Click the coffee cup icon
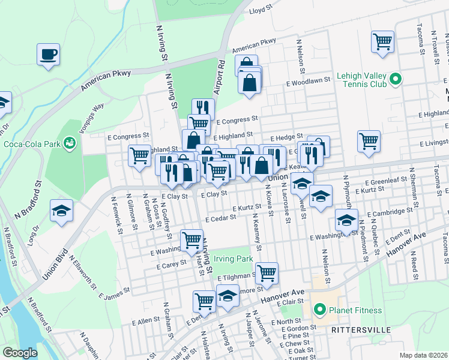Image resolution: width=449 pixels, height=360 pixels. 48,55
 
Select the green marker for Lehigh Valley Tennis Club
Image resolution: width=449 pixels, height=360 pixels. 395,79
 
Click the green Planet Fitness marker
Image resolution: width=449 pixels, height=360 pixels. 320,310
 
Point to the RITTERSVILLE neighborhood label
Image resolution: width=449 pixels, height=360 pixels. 361,330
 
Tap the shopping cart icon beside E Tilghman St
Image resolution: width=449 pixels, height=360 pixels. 267,273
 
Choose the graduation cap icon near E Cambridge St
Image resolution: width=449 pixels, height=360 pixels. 346,220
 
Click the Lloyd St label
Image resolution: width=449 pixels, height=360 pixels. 261,10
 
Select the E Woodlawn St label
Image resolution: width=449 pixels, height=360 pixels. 309,80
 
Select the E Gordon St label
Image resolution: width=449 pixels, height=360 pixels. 297,329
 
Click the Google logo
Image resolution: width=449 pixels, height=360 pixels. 20,353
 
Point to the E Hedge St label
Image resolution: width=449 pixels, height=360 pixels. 286,137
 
